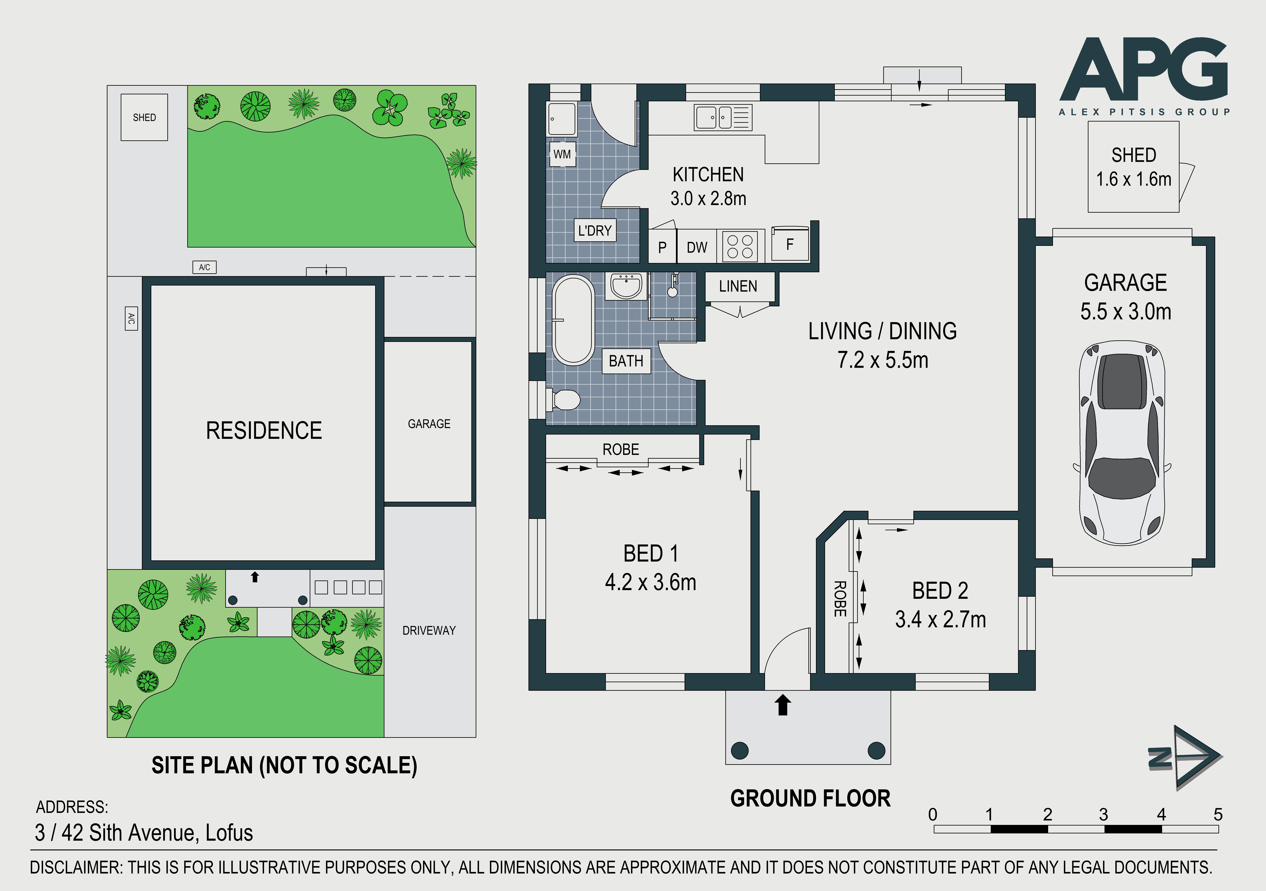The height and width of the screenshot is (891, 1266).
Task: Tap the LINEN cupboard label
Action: tap(738, 286)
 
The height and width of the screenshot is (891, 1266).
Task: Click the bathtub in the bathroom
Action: tap(573, 320)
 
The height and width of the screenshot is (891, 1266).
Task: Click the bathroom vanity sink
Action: tap(626, 286)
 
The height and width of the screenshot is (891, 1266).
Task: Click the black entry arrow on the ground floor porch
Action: tap(783, 705)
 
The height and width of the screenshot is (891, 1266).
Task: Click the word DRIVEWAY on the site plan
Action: tap(429, 630)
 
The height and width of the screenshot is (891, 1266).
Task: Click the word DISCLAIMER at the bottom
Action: tap(75, 867)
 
